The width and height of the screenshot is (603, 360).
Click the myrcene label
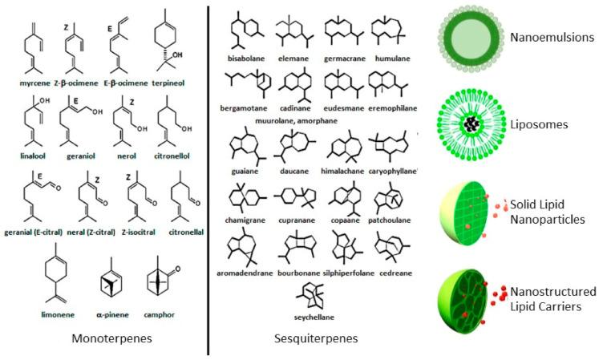tap(30, 82)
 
